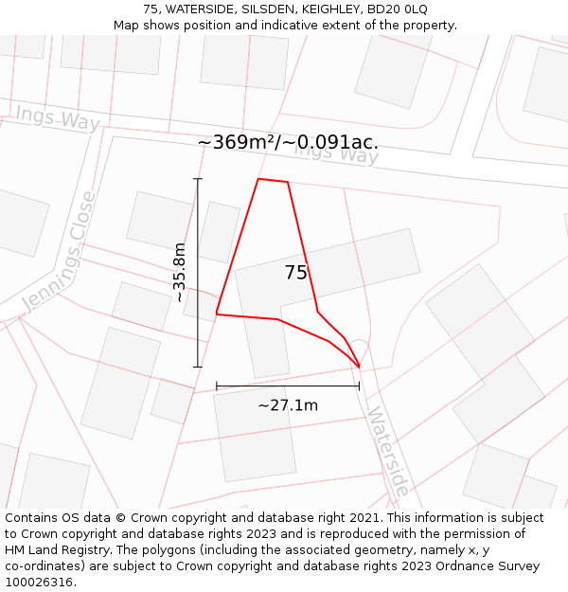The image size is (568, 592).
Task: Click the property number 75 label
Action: click(x=296, y=273)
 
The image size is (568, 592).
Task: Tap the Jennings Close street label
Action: click(x=59, y=252)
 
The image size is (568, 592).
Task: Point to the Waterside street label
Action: click(x=388, y=452)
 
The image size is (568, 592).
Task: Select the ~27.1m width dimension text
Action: click(x=288, y=405)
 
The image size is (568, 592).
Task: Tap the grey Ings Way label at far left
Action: click(x=58, y=118)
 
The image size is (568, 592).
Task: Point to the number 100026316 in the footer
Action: click(x=39, y=583)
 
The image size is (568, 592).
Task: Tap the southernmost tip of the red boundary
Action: click(x=360, y=367)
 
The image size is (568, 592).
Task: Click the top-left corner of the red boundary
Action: click(x=258, y=178)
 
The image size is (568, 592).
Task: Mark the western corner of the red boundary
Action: click(x=217, y=314)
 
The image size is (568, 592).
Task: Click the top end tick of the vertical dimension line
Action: click(x=198, y=178)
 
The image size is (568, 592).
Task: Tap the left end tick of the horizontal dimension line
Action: click(x=217, y=386)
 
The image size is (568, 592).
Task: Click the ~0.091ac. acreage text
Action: click(x=330, y=142)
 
